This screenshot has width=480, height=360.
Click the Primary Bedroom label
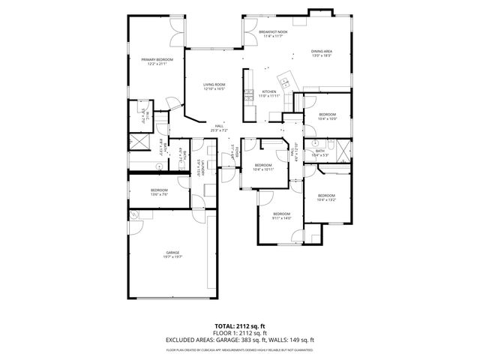[x=157, y=59]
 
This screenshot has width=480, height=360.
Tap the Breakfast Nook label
[x=273, y=32]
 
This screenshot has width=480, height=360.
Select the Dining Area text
[x=322, y=51]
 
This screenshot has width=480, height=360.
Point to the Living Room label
[x=214, y=85]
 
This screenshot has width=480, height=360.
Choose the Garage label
[x=173, y=252]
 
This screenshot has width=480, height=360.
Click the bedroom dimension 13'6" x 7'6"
[x=159, y=194]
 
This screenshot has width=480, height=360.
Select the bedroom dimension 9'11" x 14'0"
[x=281, y=218]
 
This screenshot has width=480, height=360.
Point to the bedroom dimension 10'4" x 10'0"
[x=328, y=118]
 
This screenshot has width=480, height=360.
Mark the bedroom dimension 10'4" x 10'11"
[x=263, y=169]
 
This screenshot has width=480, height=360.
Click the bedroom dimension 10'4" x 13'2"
[x=326, y=199]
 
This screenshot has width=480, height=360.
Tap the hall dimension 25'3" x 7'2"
[x=219, y=130]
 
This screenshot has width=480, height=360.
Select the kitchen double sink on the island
[x=284, y=79]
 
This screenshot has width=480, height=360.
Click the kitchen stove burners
[x=247, y=95]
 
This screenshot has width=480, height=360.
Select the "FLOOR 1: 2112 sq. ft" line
[x=240, y=333]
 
